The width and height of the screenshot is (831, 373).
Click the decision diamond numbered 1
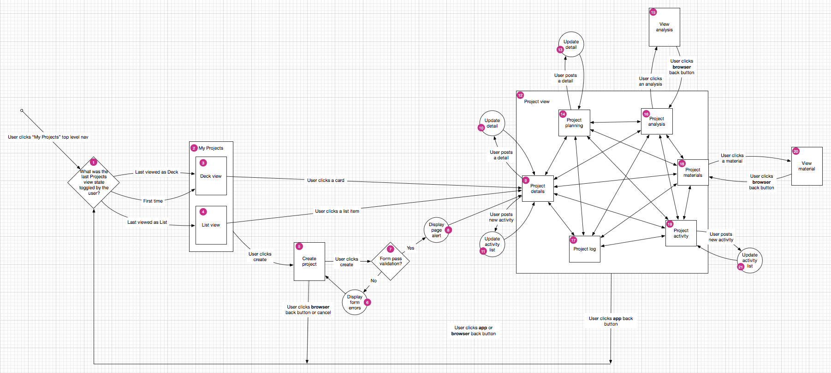click(94, 182)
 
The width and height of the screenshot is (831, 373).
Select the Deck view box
click(211, 176)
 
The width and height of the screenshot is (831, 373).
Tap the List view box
click(211, 225)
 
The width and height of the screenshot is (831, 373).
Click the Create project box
click(309, 262)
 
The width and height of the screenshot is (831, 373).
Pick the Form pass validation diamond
click(391, 261)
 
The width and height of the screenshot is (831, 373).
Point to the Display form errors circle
click(355, 302)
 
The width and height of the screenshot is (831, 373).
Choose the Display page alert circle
click(436, 230)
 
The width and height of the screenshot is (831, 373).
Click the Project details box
click(538, 189)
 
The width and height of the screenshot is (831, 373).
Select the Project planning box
click(574, 123)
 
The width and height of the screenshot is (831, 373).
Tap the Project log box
click(585, 249)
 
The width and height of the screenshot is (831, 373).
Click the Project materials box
click(693, 173)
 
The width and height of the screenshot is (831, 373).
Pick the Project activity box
click(681, 233)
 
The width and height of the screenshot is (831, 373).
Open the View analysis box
click(665, 27)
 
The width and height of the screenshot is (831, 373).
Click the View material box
click(807, 166)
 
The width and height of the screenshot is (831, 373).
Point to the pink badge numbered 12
click(520, 95)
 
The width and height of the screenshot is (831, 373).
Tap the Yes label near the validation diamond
click(410, 248)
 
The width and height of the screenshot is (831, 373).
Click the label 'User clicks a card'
click(326, 181)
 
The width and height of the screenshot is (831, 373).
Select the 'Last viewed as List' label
click(147, 222)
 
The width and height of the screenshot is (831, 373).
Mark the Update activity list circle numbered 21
click(750, 260)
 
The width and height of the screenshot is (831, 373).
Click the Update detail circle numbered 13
click(571, 45)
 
